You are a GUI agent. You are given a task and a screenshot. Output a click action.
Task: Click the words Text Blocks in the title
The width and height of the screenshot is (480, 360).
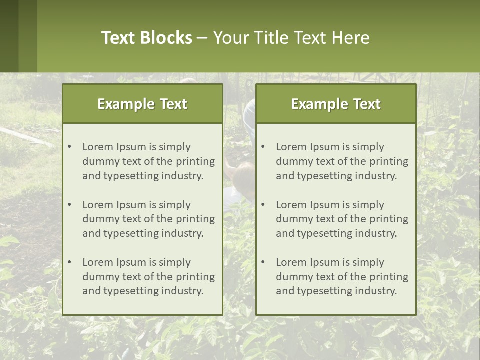pyautogui.click(x=147, y=38)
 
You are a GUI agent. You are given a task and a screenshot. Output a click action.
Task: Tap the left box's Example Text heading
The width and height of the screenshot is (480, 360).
pyautogui.click(x=142, y=104)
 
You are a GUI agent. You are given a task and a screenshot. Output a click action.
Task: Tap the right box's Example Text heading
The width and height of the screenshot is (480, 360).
pyautogui.click(x=336, y=104)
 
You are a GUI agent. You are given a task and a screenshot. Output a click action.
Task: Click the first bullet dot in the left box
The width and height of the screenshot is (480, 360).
pyautogui.click(x=70, y=147)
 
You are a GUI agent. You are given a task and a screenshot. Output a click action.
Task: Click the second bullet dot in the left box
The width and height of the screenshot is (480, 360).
pyautogui.click(x=70, y=205)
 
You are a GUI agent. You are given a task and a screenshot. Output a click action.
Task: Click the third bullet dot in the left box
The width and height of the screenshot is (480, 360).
pyautogui.click(x=70, y=262)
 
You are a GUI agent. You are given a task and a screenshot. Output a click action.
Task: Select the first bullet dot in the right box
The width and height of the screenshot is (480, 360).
pyautogui.click(x=263, y=147)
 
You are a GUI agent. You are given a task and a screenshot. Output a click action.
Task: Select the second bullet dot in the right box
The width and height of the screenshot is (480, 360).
pyautogui.click(x=263, y=205)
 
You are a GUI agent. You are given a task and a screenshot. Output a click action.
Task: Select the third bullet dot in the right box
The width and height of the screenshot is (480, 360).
pyautogui.click(x=263, y=262)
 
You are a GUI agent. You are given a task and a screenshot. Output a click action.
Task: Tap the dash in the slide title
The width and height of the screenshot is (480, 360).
pyautogui.click(x=203, y=38)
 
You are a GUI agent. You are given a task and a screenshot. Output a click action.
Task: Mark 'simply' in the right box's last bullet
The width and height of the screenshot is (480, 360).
pyautogui.click(x=368, y=262)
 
